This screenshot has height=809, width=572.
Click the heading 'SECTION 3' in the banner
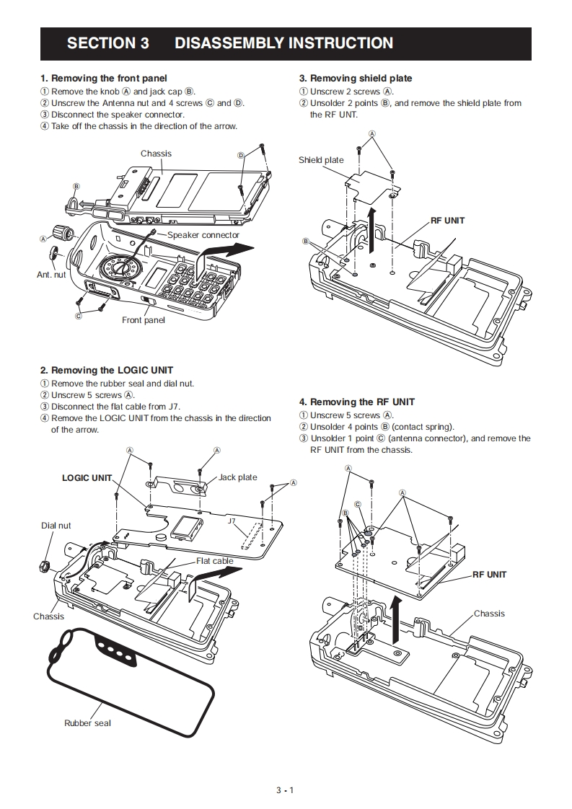(x=107, y=43)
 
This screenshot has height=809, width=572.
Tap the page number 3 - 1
(x=285, y=790)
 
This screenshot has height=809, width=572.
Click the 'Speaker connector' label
(x=203, y=235)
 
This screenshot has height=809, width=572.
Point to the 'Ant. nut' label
(x=51, y=275)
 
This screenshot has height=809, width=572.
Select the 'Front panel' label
(x=143, y=320)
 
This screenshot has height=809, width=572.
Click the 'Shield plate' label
(x=321, y=160)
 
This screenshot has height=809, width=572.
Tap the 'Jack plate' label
(x=237, y=477)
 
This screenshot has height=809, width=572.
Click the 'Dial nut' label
(x=56, y=526)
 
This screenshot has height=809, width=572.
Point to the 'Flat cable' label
(x=214, y=561)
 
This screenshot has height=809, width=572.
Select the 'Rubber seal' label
(x=87, y=722)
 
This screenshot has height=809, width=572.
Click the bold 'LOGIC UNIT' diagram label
(x=87, y=477)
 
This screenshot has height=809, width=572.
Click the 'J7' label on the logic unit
(x=232, y=520)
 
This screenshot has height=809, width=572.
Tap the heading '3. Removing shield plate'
(x=356, y=78)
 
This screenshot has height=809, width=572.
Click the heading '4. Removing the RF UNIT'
(x=357, y=402)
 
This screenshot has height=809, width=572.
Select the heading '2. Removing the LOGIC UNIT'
(x=107, y=370)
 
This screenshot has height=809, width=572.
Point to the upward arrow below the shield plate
(x=371, y=223)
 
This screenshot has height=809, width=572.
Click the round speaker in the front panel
(x=119, y=270)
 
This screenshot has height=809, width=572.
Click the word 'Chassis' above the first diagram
(x=156, y=154)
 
